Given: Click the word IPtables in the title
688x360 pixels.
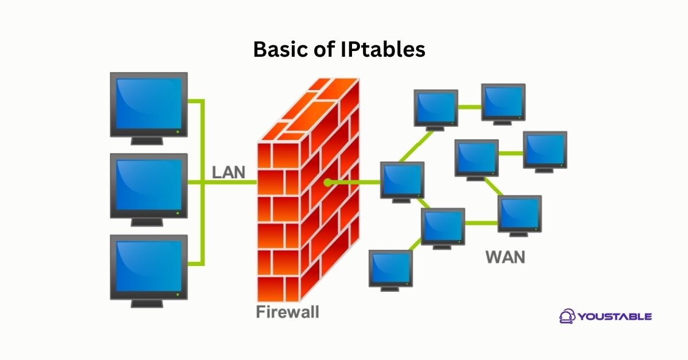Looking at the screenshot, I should [x=383, y=50].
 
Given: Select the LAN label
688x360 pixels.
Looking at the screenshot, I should [x=228, y=172].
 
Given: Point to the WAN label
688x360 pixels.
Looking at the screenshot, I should [x=505, y=257].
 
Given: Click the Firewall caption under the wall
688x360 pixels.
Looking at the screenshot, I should [x=287, y=312].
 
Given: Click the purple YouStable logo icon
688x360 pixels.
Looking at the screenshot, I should [x=568, y=316].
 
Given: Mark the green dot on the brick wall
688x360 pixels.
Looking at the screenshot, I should [x=327, y=183].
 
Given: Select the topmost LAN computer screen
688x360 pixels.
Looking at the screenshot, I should [x=148, y=104].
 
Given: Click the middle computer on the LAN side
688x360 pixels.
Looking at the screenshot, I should [x=148, y=185].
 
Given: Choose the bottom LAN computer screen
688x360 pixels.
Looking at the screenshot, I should [x=148, y=265].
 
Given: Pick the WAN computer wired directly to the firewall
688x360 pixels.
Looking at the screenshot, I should [x=402, y=179].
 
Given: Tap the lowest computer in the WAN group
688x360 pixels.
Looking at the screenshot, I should [x=390, y=268].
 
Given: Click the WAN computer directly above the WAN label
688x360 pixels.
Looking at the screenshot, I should [x=519, y=213].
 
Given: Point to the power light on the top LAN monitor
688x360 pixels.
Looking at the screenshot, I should [x=178, y=132].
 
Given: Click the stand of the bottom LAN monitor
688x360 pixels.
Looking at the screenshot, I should [x=148, y=302].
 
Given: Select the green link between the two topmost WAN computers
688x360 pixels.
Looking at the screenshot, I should [x=470, y=107].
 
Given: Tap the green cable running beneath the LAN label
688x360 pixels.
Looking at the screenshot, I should [x=229, y=183].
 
